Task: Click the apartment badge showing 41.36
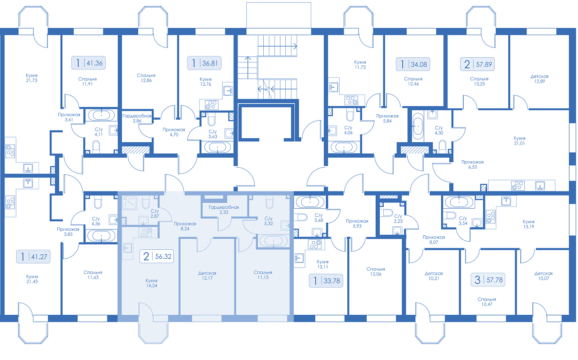pyautogui.click(x=88, y=63)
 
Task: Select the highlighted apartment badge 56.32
pyautogui.click(x=157, y=256)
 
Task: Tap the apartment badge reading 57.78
pyautogui.click(x=488, y=280)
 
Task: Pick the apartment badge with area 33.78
pyautogui.click(x=326, y=281)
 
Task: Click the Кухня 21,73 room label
pyautogui.click(x=32, y=78)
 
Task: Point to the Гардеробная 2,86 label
pyautogui.click(x=137, y=118)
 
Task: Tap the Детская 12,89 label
pyautogui.click(x=539, y=79)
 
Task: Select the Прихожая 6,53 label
pyautogui.click(x=472, y=164)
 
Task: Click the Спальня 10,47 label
pyautogui.click(x=487, y=302)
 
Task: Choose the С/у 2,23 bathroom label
pyautogui.click(x=398, y=218)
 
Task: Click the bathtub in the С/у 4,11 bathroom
pyautogui.click(x=102, y=115)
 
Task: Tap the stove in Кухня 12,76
pyautogui.click(x=212, y=105)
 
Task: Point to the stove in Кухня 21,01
pyautogui.click(x=518, y=185)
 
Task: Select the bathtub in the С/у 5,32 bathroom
pyautogui.click(x=274, y=241)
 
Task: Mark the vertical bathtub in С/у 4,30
pyautogui.click(x=418, y=126)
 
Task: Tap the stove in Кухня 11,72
pyautogui.click(x=351, y=100)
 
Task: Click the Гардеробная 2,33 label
pyautogui.click(x=224, y=210)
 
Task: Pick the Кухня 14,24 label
pyautogui.click(x=151, y=283)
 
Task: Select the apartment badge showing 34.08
pyautogui.click(x=413, y=64)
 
